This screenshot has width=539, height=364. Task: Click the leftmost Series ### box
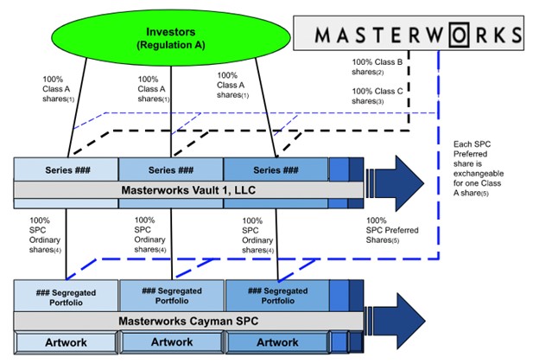pyautogui.click(x=66, y=168)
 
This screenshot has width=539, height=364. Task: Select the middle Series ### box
pyautogui.click(x=170, y=168)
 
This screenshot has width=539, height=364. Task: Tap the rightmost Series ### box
pyautogui.click(x=276, y=168)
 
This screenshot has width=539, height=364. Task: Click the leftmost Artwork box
pyautogui.click(x=66, y=343)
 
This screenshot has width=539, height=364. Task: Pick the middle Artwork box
pyautogui.click(x=171, y=343)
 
